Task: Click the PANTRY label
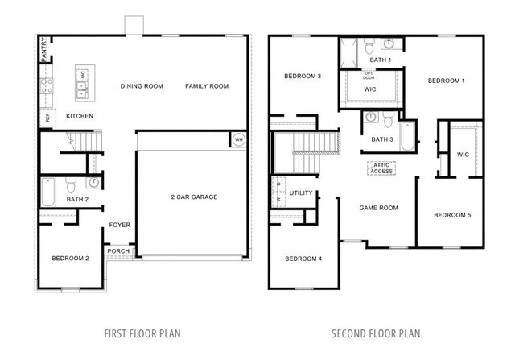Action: point(43,51)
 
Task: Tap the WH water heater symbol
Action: point(238,139)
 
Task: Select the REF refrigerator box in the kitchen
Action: point(47,117)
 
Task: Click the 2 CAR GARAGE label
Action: point(193,197)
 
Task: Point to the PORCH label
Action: point(118,250)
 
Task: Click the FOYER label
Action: point(119,226)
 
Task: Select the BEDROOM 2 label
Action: point(70,258)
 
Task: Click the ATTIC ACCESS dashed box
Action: point(380,168)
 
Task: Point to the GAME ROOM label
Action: point(378,208)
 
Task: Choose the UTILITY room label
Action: point(301,193)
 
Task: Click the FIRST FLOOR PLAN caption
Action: point(143,333)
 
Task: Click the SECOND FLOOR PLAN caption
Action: point(376,333)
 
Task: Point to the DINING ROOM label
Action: point(142,86)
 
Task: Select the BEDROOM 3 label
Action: point(303,77)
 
